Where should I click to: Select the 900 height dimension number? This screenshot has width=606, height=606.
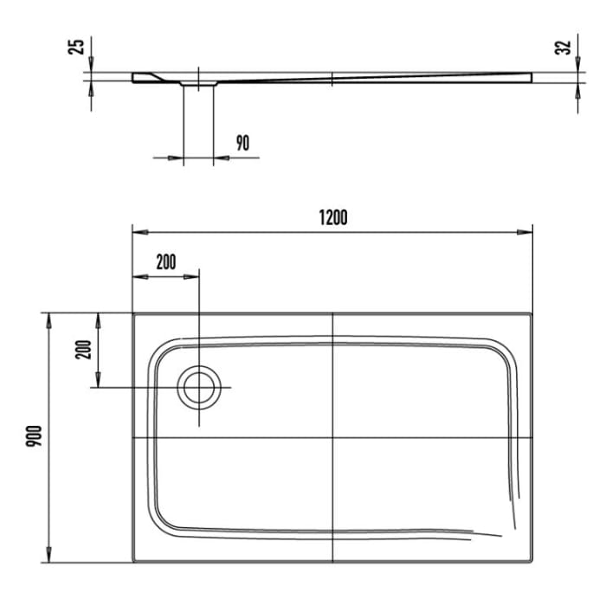pyautogui.click(x=32, y=435)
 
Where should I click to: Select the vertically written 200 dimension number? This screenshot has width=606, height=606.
pyautogui.click(x=83, y=349)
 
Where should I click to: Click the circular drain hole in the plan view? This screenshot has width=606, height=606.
pyautogui.click(x=199, y=387)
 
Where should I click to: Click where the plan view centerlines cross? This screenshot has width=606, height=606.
pyautogui.click(x=332, y=436)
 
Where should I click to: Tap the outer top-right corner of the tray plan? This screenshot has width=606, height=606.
pyautogui.click(x=532, y=313)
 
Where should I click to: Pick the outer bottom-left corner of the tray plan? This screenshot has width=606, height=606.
pyautogui.click(x=132, y=561)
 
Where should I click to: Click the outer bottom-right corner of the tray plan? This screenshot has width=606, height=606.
pyautogui.click(x=532, y=561)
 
